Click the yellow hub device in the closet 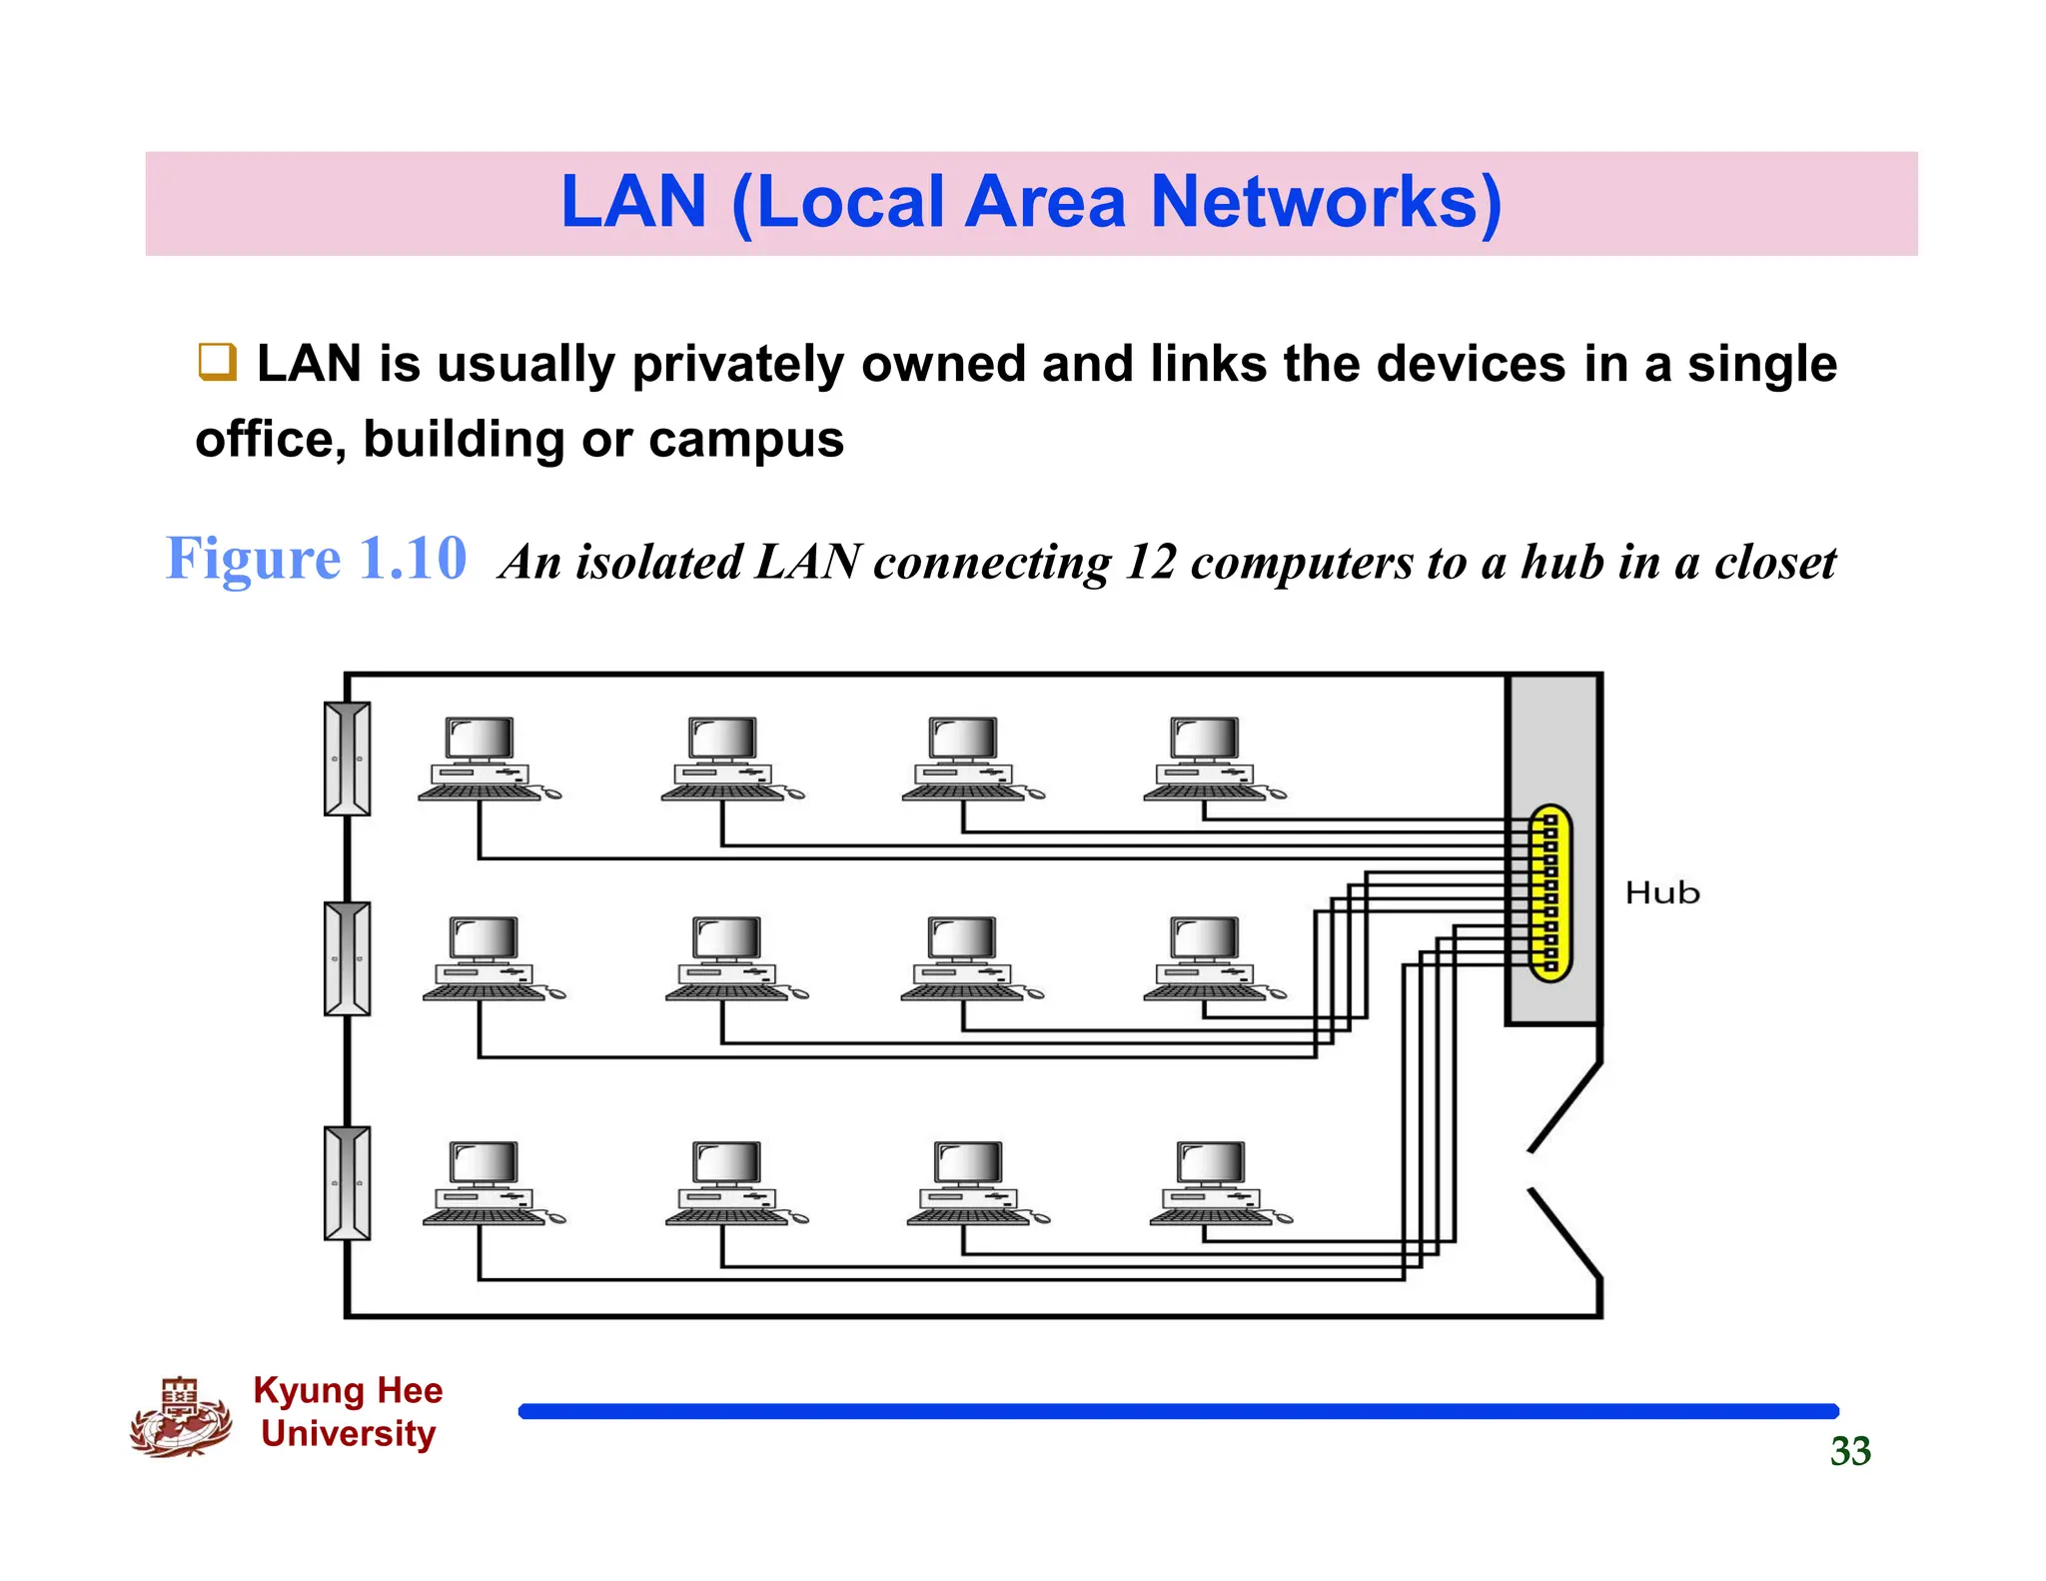[1550, 893]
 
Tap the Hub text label [1661, 892]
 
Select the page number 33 [1850, 1451]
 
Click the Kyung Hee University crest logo [181, 1418]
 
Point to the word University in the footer [348, 1433]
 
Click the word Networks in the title [1326, 203]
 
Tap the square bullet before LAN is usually [217, 362]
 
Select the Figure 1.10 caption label [316, 559]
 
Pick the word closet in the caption [1774, 562]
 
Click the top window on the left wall [348, 759]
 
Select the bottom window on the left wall [348, 1183]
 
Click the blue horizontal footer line [1179, 1411]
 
